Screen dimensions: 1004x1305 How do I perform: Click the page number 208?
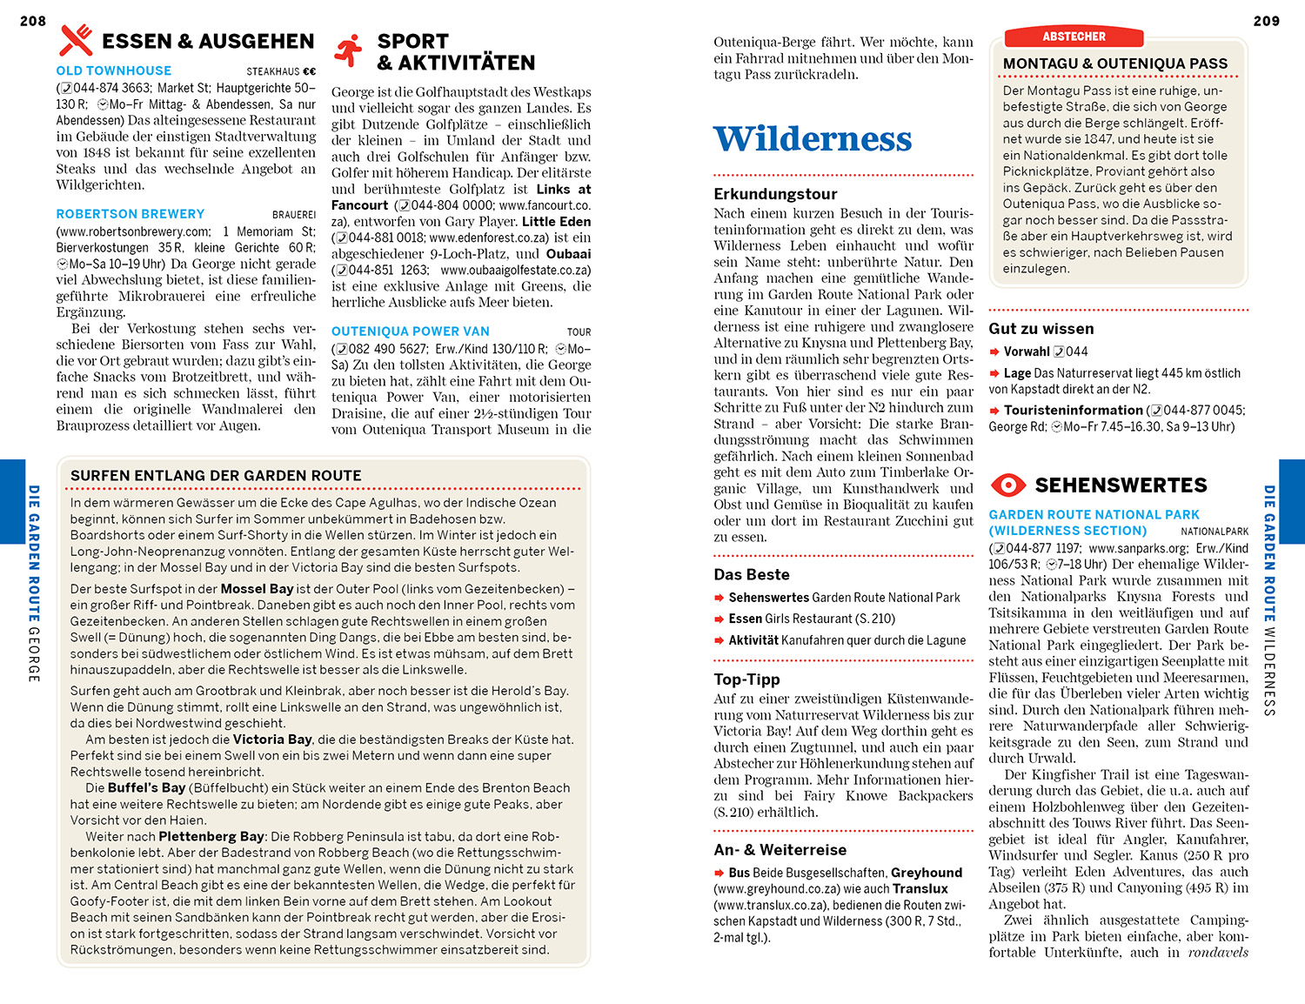coord(33,21)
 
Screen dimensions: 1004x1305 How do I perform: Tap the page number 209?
coord(1266,21)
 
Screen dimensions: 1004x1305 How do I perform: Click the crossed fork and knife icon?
coord(76,40)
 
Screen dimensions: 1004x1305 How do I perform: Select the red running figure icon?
coord(349,51)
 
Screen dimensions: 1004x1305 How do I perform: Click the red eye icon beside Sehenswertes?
coord(1008,485)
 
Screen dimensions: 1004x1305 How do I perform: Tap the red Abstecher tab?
coord(1074,37)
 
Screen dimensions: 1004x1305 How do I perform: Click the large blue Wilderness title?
coord(813,139)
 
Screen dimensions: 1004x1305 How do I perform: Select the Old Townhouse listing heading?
coord(114,70)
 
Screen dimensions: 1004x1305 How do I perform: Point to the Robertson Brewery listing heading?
coord(130,214)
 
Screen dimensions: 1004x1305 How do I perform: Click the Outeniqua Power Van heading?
coord(411,331)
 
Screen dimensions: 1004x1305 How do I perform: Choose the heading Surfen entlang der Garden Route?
coord(216,476)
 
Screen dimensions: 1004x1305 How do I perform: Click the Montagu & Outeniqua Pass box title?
coord(1115,64)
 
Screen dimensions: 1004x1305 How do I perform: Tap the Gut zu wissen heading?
coord(1041,329)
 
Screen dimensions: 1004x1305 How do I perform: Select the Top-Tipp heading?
coord(746,679)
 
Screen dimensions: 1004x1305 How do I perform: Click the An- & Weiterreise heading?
coord(780,850)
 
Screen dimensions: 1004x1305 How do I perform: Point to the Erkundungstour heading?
coord(775,194)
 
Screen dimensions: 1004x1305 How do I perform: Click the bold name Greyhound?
coord(927,873)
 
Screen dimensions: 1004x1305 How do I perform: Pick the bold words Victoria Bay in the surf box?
coord(272,740)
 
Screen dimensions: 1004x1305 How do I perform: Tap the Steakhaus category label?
coord(273,72)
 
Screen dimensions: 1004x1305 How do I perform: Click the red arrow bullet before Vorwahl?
coord(994,351)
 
